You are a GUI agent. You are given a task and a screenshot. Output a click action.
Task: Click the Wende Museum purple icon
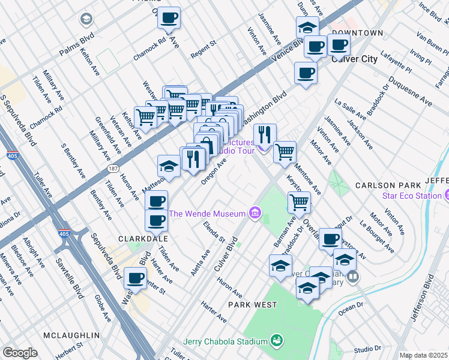(255, 213)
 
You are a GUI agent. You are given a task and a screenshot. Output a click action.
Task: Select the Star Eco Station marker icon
(446, 196)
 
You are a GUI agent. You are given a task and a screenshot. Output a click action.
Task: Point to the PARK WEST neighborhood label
(253, 305)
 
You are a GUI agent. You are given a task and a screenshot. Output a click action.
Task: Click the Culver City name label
(354, 59)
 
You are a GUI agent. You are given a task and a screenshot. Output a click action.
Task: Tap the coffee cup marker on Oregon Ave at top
(169, 19)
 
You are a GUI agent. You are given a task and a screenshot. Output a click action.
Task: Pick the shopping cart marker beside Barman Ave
(298, 203)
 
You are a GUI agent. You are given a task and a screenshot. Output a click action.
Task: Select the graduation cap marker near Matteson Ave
(169, 166)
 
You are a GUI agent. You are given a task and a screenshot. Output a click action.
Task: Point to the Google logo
(20, 353)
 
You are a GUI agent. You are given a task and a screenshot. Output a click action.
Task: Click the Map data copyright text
(423, 355)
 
